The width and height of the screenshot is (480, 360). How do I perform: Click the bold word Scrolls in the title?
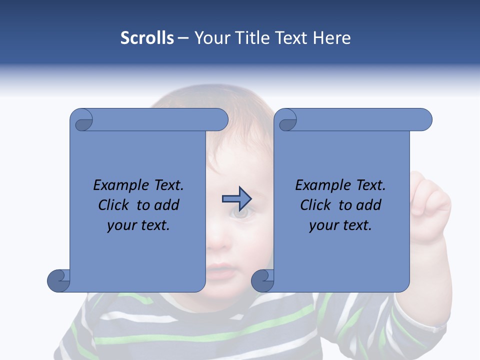[x=147, y=38]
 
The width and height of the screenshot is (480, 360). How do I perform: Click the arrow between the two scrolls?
[x=236, y=198]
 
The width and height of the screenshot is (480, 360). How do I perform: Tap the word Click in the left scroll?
[x=115, y=205]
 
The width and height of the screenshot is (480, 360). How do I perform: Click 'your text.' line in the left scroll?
[x=138, y=225]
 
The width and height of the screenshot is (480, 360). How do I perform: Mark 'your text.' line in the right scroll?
[x=340, y=225]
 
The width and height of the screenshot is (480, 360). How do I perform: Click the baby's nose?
[x=217, y=242]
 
